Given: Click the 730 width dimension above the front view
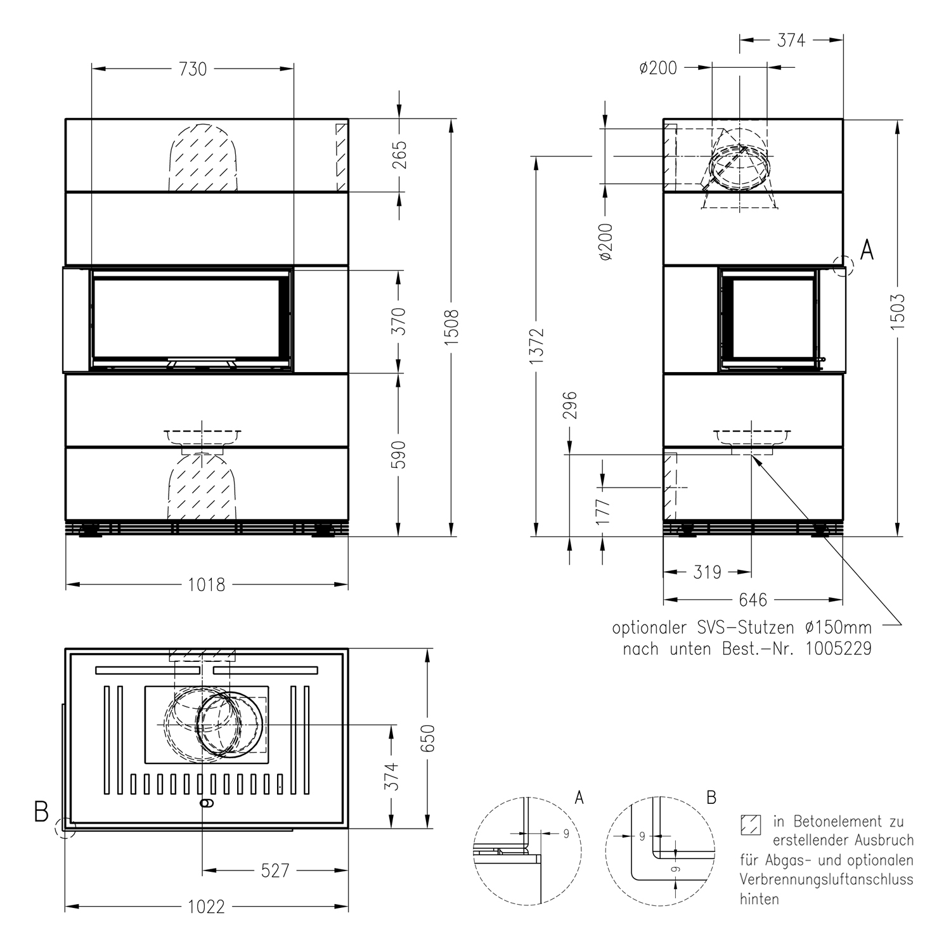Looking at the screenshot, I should click(193, 68).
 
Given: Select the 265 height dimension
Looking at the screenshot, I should click(399, 155).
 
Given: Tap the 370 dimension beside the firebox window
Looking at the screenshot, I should click(399, 321).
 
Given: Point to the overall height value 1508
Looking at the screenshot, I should click(451, 327).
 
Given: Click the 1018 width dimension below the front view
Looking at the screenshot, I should click(207, 585).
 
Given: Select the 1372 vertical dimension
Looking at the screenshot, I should click(537, 346).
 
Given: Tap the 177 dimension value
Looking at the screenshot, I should click(603, 511).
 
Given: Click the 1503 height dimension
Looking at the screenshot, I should click(898, 312).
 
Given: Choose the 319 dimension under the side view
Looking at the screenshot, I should click(707, 573).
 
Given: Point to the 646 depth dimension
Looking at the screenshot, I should click(753, 599).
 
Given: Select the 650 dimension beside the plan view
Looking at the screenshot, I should click(428, 738).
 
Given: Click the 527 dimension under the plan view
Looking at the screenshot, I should click(275, 871).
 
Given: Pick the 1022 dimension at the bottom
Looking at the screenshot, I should click(207, 907).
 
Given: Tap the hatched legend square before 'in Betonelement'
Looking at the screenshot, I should click(751, 824).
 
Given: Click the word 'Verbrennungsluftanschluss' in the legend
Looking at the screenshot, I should click(826, 880).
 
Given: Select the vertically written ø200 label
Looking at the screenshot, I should click(606, 242).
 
